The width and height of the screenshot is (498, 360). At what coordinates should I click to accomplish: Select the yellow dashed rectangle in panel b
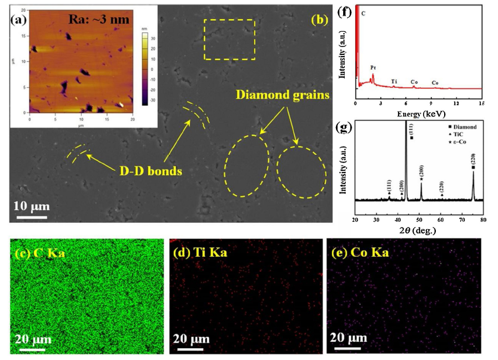pyautogui.click(x=229, y=39)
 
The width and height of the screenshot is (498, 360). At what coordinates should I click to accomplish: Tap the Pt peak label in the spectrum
pyautogui.click(x=373, y=67)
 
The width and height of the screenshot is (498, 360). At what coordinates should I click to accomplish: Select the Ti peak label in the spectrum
pyautogui.click(x=394, y=82)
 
